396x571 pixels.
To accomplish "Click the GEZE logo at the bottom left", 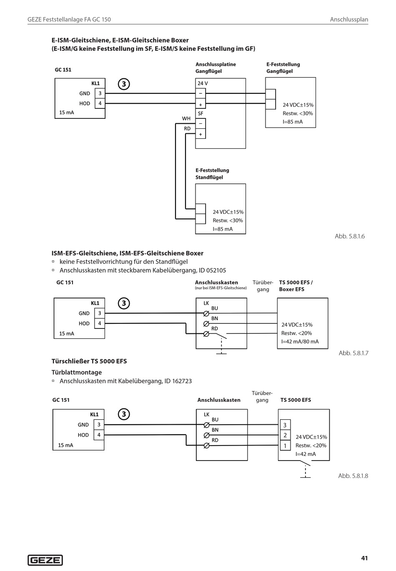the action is tap(45, 560).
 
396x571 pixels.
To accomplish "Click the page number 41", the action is tap(364, 558).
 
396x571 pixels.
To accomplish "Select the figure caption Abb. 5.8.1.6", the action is tap(350, 236).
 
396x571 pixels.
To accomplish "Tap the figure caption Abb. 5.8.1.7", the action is tap(353, 353).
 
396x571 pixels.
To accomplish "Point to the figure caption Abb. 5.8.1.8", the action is tap(353, 476).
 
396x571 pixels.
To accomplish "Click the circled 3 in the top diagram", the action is tap(124, 84).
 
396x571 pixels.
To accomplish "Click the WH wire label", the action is tap(186, 118).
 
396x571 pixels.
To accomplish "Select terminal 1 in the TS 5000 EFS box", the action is tap(285, 446).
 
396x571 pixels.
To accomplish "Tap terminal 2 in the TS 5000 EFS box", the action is tap(285, 436).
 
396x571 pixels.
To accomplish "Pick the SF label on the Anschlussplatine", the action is tap(201, 113).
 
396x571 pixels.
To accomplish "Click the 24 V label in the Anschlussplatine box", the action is tap(203, 83).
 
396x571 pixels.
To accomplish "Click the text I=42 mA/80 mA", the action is tap(300, 342).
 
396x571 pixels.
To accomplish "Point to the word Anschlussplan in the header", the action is tap(349, 19).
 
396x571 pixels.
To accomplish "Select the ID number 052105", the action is tap(216, 270).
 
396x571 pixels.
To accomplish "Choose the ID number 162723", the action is tap(182, 381).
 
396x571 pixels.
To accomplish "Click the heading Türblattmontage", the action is tap(77, 372).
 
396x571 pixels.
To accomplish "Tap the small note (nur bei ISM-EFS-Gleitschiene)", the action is tap(221, 288).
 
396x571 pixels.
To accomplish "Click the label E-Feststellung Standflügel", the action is tap(212, 174).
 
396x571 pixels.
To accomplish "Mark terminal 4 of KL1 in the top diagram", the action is tap(100, 103).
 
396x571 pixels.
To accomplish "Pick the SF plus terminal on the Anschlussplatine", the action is tap(201, 134).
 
